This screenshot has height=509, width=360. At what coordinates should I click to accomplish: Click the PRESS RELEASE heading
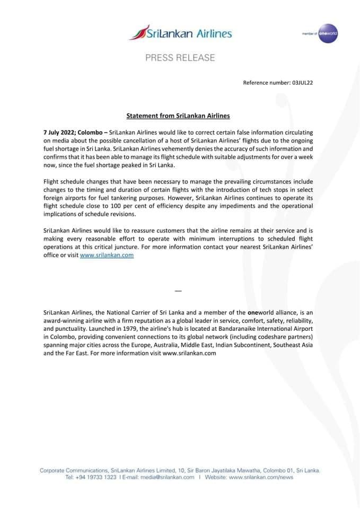pos(180,58)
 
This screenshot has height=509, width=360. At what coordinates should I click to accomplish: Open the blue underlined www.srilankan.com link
pos(107,255)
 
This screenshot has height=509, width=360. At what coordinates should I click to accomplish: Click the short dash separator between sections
pos(178,291)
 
